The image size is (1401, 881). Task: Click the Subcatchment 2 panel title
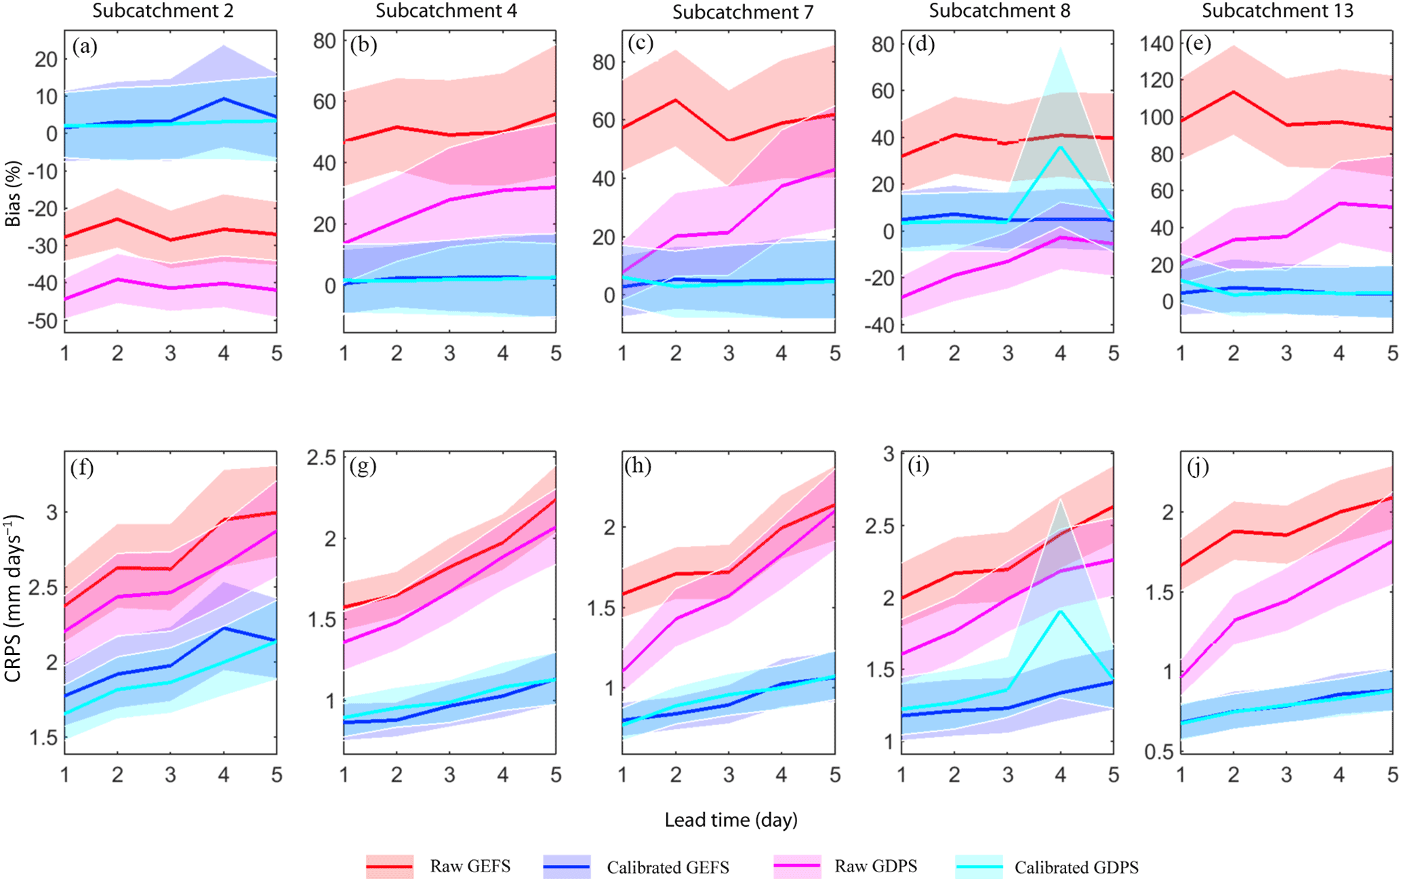(163, 11)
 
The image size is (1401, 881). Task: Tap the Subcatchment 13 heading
(1277, 11)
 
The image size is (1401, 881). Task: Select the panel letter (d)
(921, 45)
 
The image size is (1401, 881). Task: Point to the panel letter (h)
(638, 467)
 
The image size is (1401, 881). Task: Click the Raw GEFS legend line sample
(390, 867)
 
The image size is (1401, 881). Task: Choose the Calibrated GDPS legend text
(1076, 867)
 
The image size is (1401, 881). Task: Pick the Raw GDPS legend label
(876, 866)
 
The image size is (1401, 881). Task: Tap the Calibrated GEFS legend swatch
(567, 867)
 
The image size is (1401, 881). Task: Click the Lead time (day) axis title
(731, 820)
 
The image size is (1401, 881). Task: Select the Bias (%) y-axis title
(12, 193)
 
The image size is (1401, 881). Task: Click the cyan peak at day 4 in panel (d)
(1060, 146)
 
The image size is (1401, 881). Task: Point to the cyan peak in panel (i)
(1060, 611)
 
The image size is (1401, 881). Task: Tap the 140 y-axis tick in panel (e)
(1156, 44)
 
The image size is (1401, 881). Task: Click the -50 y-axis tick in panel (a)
(42, 321)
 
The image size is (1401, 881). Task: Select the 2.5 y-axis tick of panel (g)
(321, 458)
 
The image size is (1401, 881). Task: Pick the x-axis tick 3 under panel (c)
(729, 354)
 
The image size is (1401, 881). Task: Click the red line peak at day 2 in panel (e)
(1234, 92)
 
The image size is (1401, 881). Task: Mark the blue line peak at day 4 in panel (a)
(224, 98)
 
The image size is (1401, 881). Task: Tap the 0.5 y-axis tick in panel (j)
(1159, 751)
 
